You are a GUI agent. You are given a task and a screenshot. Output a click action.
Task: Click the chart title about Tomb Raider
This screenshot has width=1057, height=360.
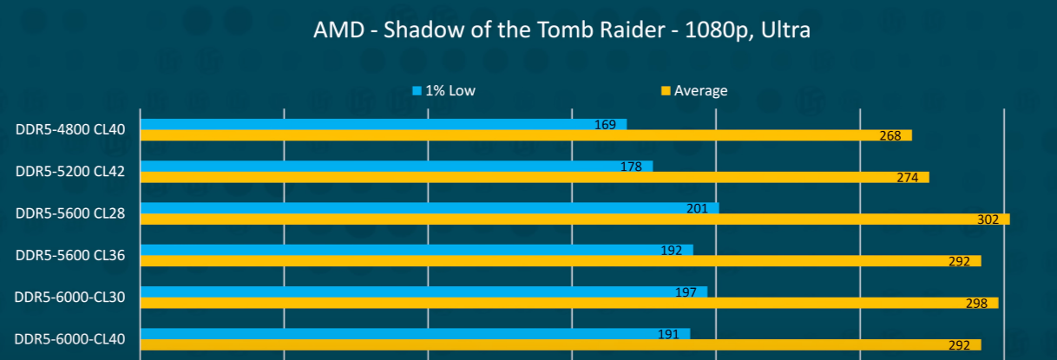[562, 32]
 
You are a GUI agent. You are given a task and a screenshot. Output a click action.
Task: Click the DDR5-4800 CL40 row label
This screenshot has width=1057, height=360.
[70, 130]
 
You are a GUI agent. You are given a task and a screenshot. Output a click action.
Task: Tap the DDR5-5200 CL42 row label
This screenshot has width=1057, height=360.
[70, 172]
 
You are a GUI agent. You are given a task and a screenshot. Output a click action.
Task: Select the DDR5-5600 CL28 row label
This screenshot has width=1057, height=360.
[70, 213]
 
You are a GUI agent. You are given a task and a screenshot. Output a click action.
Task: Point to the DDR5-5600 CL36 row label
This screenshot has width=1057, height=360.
[70, 255]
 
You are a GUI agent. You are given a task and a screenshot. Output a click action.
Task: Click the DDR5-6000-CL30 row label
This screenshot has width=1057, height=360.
[70, 297]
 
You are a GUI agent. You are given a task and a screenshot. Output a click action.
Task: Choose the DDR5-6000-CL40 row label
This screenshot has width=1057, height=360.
[70, 338]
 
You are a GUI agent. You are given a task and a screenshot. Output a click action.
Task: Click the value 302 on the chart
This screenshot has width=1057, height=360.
[988, 219]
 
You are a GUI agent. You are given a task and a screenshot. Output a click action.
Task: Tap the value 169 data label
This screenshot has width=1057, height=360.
[605, 125]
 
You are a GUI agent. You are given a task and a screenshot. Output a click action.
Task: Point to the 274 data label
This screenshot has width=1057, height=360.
[907, 178]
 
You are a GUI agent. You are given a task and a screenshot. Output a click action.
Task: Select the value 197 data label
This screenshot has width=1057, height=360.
[686, 292]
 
